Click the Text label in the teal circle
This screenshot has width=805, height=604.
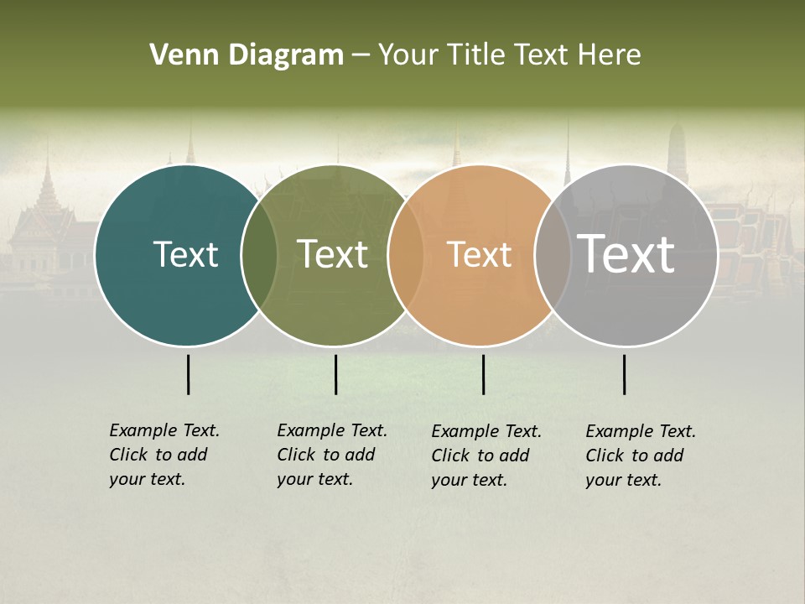[185, 254]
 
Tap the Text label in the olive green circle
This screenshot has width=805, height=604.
[333, 254]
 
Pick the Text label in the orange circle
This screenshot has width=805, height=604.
[479, 254]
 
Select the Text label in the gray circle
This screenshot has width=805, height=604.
[626, 254]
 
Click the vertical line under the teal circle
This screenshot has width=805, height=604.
[189, 374]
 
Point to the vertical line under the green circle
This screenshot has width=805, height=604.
[335, 374]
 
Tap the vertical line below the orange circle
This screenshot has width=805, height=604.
[483, 374]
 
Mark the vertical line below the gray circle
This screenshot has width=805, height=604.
[625, 374]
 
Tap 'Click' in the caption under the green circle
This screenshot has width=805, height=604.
[296, 455]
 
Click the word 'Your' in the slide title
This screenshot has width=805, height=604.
[407, 55]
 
